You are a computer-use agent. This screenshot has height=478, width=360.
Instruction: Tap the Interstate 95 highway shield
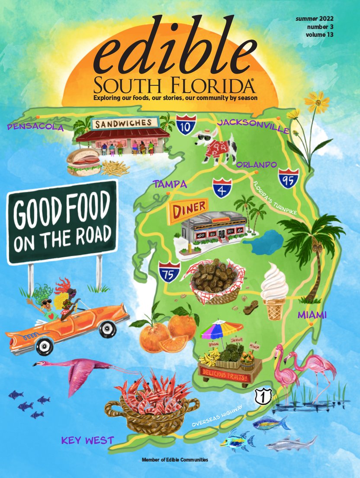coord(287,178)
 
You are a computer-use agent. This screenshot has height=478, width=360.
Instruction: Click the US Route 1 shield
coord(260,396)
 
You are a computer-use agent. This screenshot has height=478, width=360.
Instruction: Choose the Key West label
coord(87,441)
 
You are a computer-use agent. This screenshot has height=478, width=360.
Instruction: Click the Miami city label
coord(312,315)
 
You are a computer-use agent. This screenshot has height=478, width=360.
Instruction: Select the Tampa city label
coord(170,184)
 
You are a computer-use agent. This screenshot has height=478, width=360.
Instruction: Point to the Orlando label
coord(257,165)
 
